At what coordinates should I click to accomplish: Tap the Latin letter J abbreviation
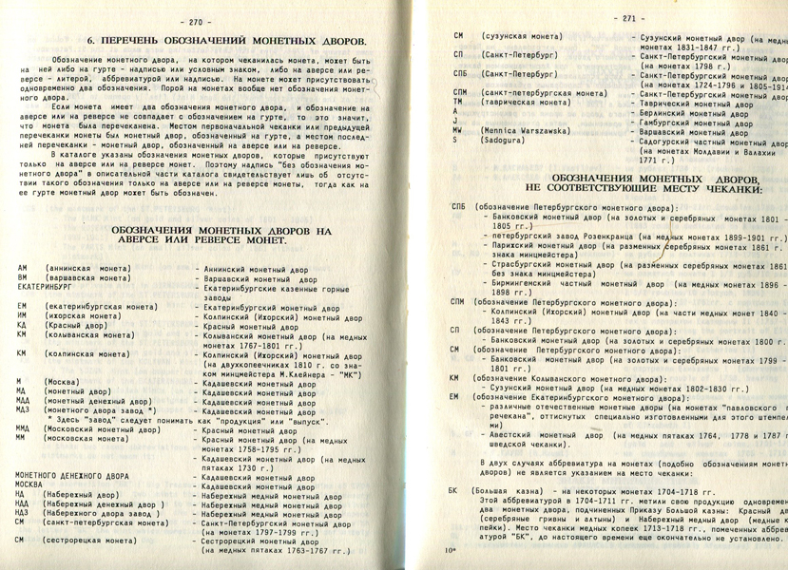click(x=456, y=122)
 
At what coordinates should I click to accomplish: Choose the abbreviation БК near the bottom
click(x=454, y=490)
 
